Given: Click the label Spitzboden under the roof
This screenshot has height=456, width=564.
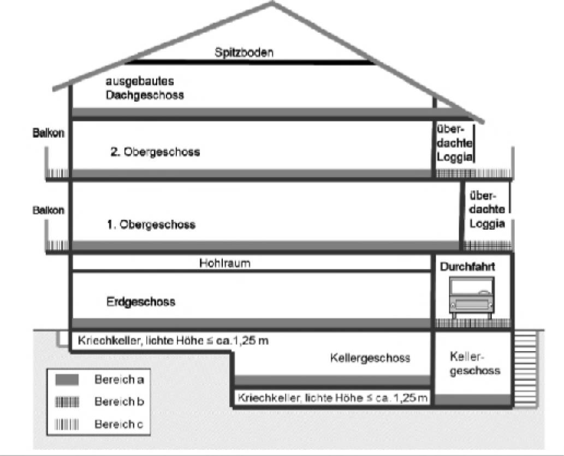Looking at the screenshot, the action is [244, 52].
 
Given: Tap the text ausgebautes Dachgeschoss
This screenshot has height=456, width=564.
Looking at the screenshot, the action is [145, 88].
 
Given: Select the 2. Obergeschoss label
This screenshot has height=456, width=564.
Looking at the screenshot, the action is [155, 152].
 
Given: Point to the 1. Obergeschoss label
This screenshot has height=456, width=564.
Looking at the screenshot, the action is [151, 225].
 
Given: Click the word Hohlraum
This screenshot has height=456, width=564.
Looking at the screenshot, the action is [225, 263].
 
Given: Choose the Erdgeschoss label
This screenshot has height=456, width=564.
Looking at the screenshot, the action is [141, 302].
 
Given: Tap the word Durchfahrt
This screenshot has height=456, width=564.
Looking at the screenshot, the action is [467, 267].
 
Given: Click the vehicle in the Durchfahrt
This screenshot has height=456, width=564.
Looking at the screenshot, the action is [472, 297].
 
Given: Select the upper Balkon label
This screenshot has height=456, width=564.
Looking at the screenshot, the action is [48, 133].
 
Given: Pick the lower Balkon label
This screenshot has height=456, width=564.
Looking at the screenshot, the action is [48, 211].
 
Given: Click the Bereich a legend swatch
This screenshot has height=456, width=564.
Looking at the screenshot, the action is [67, 380].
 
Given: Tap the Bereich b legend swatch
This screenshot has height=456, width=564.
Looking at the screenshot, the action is [67, 402].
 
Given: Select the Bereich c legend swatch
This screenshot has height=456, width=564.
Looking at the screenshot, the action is [67, 424].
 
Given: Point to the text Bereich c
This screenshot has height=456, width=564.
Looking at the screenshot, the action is [118, 424].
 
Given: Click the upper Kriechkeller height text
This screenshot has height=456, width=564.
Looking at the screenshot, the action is [173, 341].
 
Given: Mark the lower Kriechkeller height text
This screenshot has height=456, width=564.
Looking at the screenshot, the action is [333, 398].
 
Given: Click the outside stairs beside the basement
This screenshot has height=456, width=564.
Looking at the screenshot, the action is [526, 369].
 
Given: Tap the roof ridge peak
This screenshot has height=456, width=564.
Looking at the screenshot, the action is [272, 3].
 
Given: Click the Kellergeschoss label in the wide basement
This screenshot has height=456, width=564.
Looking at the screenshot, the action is [370, 358].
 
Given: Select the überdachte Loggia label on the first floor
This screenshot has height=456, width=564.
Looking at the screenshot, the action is [487, 209].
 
